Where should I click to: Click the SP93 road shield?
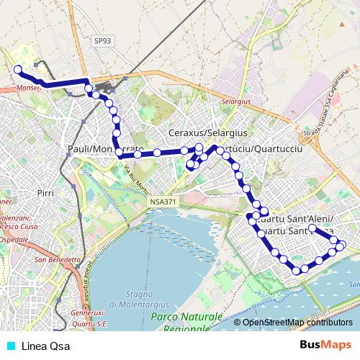102,42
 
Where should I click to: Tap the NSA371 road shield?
163,203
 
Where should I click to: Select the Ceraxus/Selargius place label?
207,133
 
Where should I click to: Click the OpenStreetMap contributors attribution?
293,323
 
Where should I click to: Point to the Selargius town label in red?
235,102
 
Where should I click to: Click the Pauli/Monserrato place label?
105,148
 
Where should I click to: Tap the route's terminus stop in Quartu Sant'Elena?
312,228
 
